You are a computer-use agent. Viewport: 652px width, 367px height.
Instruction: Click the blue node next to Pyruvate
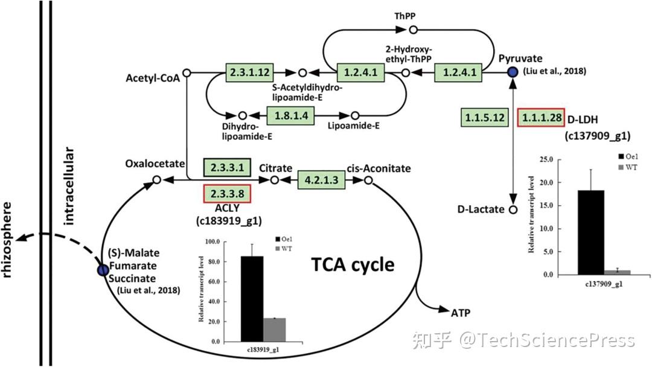pyautogui.click(x=513, y=72)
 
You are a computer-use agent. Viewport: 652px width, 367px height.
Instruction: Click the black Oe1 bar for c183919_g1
pyautogui.click(x=252, y=299)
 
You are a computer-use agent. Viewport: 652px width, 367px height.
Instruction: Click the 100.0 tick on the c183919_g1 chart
pyautogui.click(x=211, y=242)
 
